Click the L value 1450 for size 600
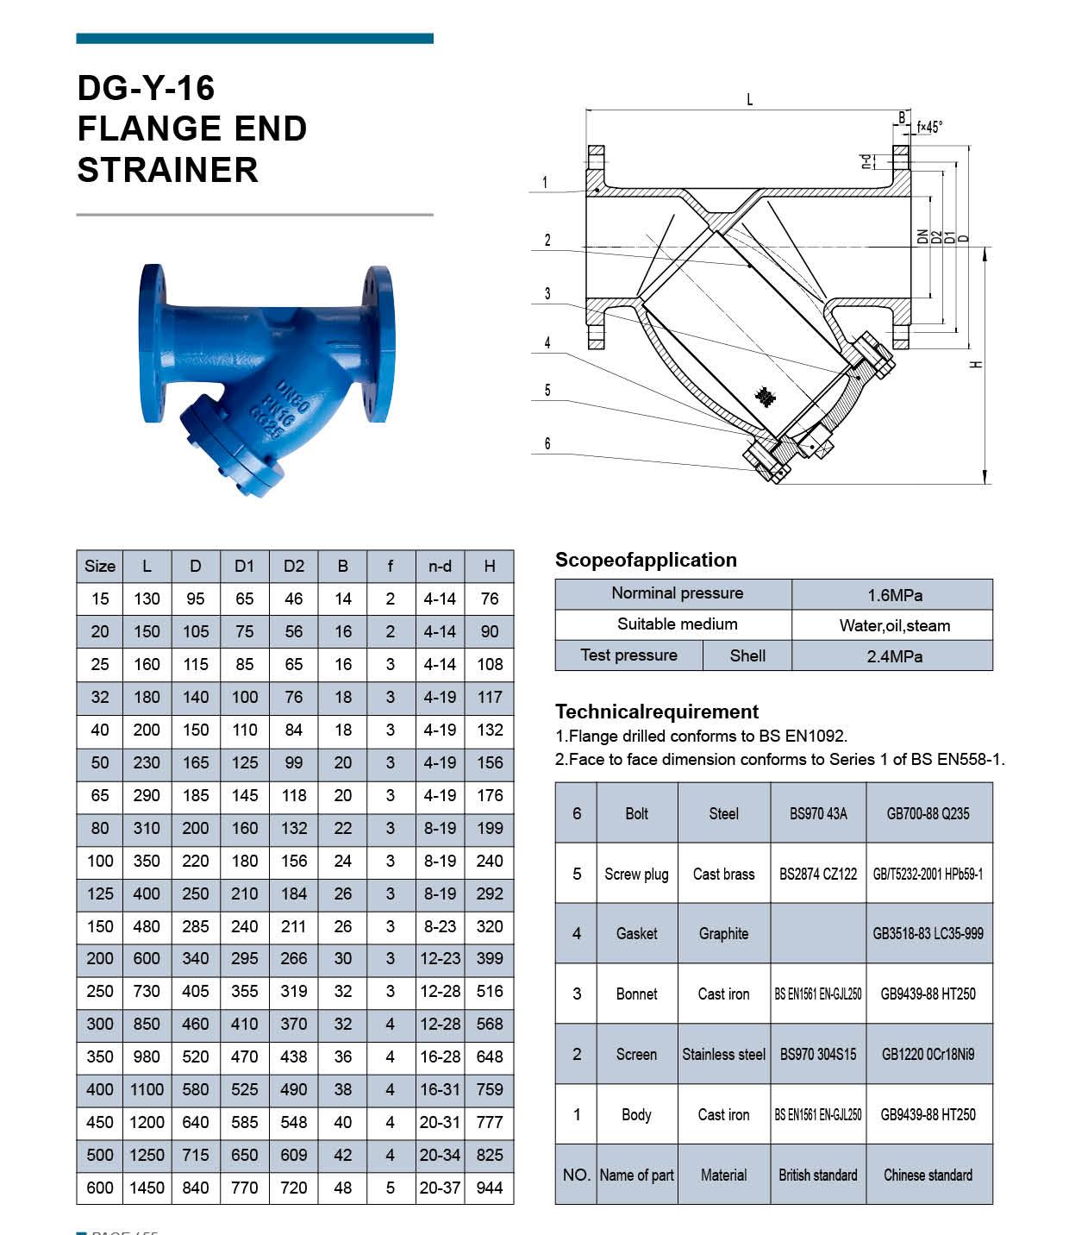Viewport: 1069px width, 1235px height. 147,1188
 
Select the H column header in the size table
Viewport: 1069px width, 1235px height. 490,566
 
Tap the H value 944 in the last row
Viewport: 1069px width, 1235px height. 490,1188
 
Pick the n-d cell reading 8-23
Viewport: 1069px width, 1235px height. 440,926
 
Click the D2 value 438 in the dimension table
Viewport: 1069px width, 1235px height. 294,1056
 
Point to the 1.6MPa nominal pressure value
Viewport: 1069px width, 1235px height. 894,595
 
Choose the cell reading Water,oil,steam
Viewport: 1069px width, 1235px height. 894,625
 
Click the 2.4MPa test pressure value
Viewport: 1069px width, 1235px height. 894,656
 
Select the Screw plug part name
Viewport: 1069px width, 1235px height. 636,874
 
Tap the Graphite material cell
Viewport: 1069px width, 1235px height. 723,933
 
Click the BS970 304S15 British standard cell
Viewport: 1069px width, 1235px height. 818,1054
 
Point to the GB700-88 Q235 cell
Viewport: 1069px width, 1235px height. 928,813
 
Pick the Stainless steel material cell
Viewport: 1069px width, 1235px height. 723,1054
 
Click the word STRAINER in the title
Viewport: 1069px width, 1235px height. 168,170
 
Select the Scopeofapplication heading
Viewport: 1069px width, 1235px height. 646,560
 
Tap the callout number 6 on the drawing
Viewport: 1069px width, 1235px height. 547,444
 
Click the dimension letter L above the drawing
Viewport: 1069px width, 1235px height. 749,100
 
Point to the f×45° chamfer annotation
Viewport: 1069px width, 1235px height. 929,127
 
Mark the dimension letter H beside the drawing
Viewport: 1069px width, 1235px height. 977,364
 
